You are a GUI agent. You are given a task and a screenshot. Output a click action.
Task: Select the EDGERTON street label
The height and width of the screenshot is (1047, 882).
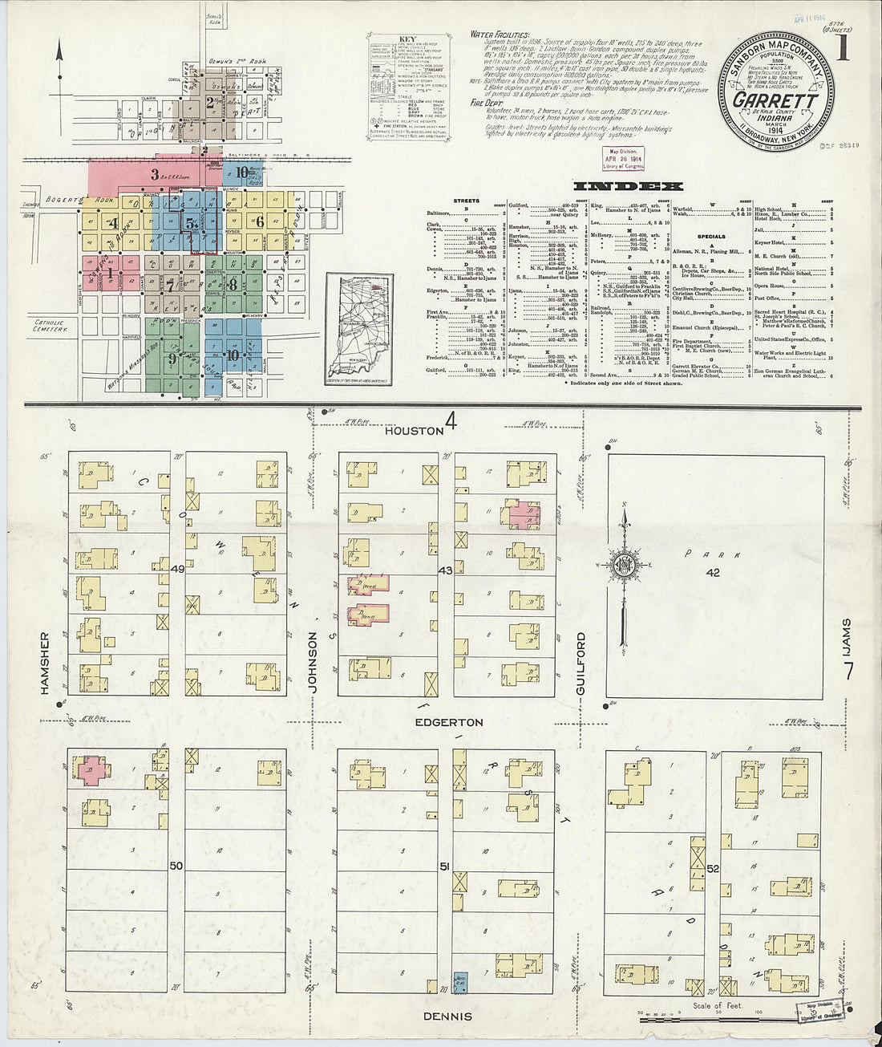(x=448, y=722)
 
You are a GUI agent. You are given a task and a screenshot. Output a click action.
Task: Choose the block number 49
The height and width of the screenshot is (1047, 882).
(x=178, y=569)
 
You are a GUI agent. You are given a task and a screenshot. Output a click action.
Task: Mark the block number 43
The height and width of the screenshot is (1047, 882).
(x=445, y=570)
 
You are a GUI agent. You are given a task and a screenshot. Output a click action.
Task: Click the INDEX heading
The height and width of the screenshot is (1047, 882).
(x=629, y=186)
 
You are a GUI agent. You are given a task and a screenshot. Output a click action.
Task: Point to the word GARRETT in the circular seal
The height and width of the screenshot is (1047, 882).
(x=775, y=101)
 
